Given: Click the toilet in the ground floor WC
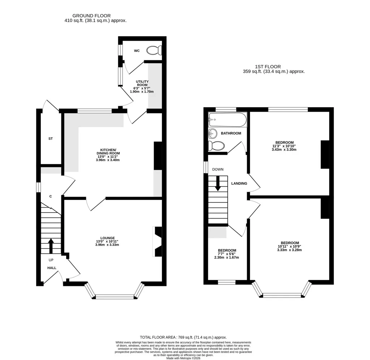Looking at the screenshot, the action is [x=154, y=50].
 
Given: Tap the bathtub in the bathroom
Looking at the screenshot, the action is [x=228, y=120].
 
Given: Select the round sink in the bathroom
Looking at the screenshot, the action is [x=212, y=133].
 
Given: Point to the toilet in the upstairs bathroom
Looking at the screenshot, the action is [x=216, y=146].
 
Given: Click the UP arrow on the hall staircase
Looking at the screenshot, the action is [x=51, y=244].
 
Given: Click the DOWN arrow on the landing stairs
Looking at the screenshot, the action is [x=218, y=183].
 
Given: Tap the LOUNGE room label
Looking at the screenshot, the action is [x=108, y=238].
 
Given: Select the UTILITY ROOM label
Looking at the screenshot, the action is [x=142, y=83].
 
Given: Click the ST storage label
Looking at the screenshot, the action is [x=51, y=138].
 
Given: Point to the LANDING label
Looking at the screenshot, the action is [x=239, y=183].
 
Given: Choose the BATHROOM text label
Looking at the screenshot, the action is [x=231, y=133].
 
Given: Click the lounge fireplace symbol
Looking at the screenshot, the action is [x=158, y=241].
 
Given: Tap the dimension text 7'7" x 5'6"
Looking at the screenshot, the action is [x=227, y=254].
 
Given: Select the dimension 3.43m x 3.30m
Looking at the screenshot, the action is [x=284, y=149].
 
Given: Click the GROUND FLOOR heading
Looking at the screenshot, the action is [x=91, y=16].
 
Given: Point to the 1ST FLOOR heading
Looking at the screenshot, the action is [x=268, y=67].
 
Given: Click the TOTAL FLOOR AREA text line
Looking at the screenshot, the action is [x=183, y=337].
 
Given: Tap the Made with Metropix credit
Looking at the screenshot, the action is [x=183, y=358].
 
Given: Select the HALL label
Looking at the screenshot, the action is [x=52, y=268].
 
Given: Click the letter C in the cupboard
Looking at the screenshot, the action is [x=51, y=196].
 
